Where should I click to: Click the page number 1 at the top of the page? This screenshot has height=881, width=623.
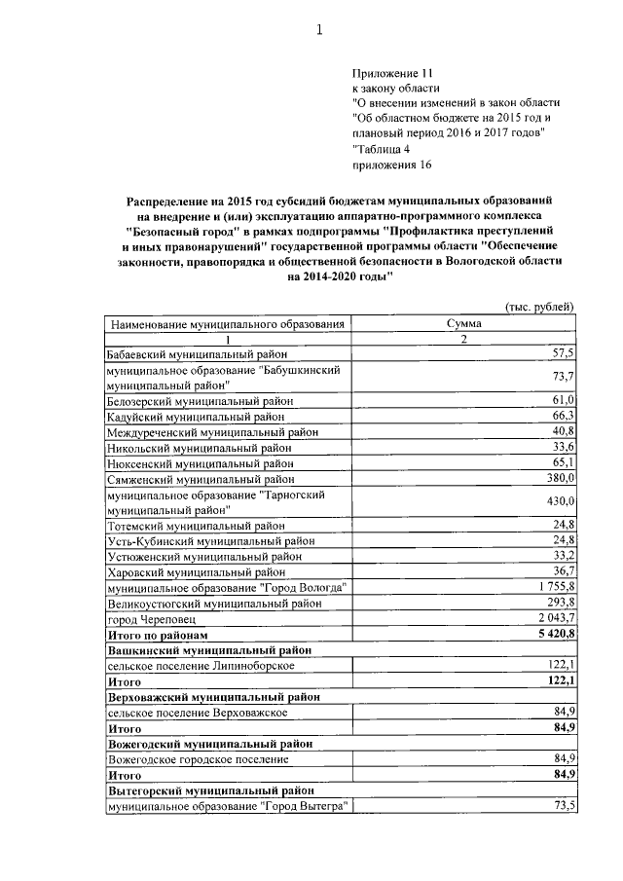318,30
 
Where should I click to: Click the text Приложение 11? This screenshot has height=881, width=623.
390,73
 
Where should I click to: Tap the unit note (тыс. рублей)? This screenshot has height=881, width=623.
541,307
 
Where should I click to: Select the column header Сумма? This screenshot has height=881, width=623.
464,323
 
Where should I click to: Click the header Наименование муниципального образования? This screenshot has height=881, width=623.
228,323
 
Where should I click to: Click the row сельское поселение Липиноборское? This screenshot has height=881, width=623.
202,665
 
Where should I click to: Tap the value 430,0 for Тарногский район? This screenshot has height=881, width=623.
560,501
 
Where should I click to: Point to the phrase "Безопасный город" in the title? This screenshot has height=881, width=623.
182,233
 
